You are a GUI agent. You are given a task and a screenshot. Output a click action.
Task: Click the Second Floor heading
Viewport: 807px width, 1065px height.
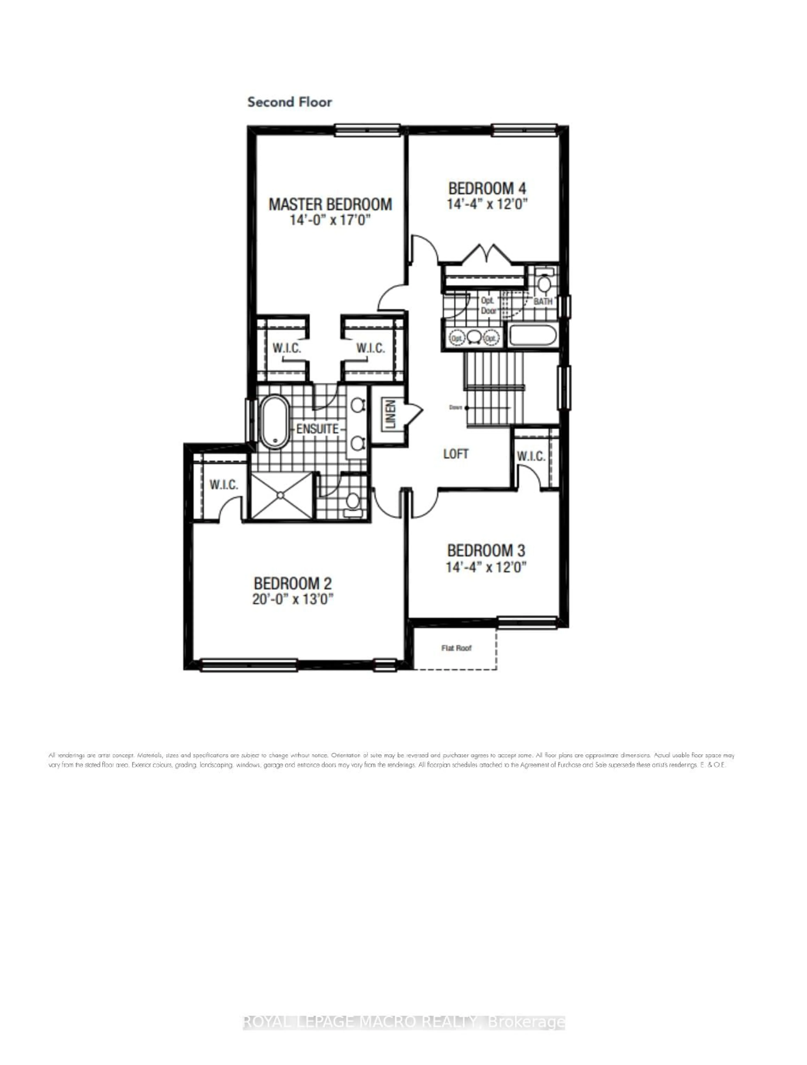click(289, 102)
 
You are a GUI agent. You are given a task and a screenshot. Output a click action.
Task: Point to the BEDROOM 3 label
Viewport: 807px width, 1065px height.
click(486, 550)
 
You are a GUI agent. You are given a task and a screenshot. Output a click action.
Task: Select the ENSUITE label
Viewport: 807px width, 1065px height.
click(317, 429)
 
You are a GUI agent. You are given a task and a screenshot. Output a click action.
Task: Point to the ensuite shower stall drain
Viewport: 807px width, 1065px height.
click(281, 495)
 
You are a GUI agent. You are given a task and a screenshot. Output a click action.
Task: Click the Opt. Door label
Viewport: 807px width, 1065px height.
click(488, 305)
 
